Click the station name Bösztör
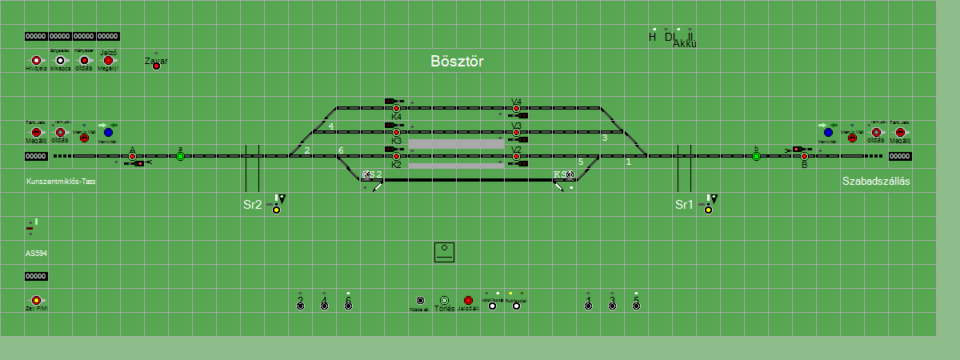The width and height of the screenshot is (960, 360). click(x=457, y=62)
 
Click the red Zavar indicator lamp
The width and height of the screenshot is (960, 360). click(x=156, y=66)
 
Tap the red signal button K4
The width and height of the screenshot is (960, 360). click(x=396, y=108)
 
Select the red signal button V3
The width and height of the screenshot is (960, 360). click(x=517, y=132)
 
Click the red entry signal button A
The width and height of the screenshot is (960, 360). click(x=133, y=156)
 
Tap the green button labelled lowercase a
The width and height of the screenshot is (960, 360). click(x=181, y=156)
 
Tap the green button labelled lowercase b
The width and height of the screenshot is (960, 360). click(x=756, y=156)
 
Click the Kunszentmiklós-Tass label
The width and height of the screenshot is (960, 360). click(x=61, y=182)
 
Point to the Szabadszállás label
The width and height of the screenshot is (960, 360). click(x=876, y=182)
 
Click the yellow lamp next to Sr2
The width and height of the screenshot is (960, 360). click(x=276, y=210)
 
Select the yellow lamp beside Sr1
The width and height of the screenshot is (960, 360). click(x=708, y=210)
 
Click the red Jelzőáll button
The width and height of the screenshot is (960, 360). click(x=468, y=301)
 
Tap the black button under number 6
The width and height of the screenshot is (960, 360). click(x=348, y=306)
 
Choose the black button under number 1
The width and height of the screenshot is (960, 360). click(x=588, y=306)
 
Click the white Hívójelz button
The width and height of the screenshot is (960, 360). click(x=36, y=60)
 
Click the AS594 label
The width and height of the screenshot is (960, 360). click(x=37, y=253)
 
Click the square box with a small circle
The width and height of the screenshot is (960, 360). click(x=444, y=252)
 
